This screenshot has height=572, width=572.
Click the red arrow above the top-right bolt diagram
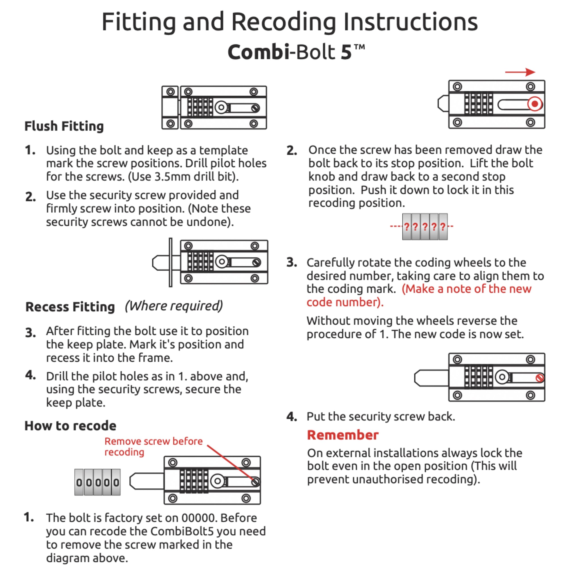click(520, 72)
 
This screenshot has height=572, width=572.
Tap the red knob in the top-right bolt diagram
click(535, 104)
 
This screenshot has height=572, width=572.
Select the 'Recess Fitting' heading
click(70, 307)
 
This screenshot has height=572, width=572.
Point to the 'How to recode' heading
click(70, 426)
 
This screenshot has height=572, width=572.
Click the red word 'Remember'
click(343, 435)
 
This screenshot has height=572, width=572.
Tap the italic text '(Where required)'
click(174, 306)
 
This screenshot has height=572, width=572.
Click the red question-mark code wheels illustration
click(425, 227)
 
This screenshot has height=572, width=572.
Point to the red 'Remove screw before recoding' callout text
click(153, 446)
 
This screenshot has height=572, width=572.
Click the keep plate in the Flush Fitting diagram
click(170, 107)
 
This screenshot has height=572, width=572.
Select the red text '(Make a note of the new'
click(467, 289)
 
